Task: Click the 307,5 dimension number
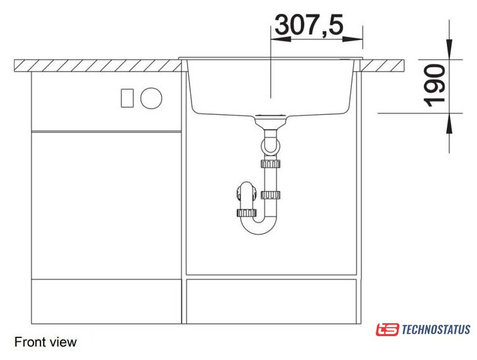309,25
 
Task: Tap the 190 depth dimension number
435,86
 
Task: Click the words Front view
45,342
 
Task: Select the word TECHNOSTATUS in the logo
436,330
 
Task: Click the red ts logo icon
387,330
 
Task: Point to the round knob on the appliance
151,98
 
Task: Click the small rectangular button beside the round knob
127,98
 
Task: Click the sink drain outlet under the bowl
270,121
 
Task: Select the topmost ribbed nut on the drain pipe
270,164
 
